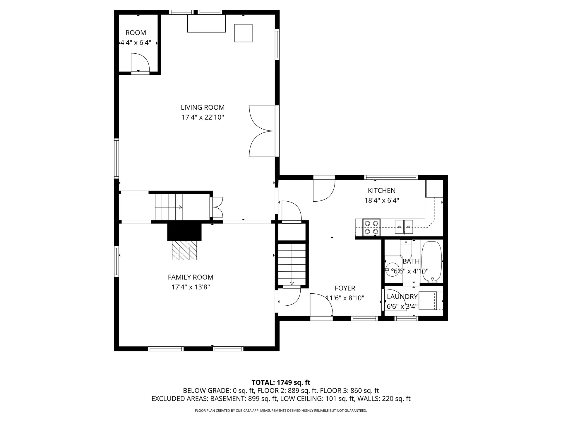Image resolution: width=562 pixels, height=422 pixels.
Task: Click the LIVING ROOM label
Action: point(203,108)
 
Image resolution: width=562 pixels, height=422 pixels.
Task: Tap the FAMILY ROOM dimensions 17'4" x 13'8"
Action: point(191,287)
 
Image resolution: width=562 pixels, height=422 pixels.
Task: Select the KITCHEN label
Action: point(381,190)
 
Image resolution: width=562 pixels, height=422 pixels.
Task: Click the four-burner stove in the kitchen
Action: point(371,227)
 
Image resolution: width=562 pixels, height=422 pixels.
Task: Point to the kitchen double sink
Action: point(404,227)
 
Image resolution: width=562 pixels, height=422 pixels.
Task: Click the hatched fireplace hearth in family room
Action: point(184,250)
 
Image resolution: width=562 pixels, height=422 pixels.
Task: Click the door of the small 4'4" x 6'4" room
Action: point(140,63)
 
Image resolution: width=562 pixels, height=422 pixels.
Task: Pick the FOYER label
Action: point(345,288)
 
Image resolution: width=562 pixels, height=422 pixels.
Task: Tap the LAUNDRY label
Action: point(402,297)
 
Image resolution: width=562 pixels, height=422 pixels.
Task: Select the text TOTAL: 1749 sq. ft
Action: point(281,382)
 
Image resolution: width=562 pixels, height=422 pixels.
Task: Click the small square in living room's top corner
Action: point(243,33)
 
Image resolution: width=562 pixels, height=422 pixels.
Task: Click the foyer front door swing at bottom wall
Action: point(321,306)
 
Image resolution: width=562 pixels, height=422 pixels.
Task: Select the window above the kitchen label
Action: point(391,177)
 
